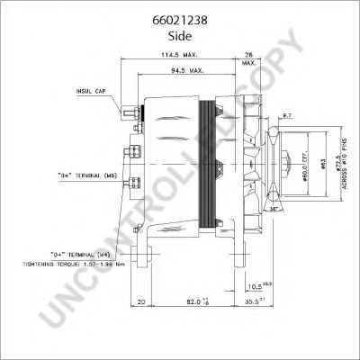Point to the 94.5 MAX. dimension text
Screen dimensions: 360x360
point(188,68)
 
